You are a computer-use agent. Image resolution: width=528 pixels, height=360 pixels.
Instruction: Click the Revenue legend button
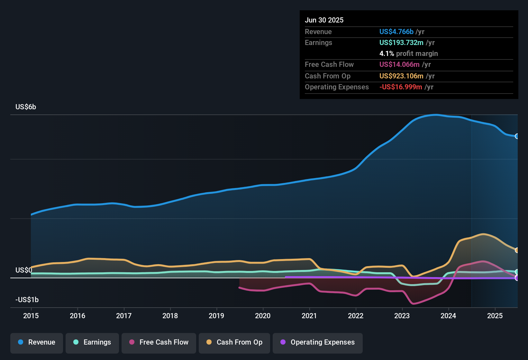[37, 342]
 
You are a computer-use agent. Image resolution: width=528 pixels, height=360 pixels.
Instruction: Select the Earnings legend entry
[92, 342]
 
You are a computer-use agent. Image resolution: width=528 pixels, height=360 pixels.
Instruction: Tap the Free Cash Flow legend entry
[159, 342]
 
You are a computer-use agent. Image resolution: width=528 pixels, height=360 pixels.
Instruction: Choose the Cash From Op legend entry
[234, 342]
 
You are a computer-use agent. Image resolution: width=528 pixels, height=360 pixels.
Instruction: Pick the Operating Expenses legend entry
[318, 342]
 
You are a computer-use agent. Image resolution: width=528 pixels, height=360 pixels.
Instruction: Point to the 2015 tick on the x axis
[31, 316]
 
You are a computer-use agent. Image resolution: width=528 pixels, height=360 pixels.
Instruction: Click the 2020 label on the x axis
[263, 316]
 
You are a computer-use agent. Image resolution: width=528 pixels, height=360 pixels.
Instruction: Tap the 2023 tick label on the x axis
[402, 316]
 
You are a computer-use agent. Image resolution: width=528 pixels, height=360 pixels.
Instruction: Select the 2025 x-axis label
[495, 316]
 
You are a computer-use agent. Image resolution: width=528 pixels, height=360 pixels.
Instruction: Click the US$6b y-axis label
[26, 107]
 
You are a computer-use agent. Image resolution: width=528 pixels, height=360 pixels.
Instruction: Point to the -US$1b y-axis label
[27, 300]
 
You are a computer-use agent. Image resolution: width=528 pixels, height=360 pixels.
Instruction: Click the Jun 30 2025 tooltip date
[324, 20]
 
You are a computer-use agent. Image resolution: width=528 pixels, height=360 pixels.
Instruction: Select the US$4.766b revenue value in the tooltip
[396, 32]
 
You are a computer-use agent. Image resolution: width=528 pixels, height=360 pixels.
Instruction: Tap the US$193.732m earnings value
[401, 43]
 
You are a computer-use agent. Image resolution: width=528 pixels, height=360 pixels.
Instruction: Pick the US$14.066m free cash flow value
[399, 65]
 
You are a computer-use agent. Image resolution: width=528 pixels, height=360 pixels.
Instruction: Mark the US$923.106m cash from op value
[401, 76]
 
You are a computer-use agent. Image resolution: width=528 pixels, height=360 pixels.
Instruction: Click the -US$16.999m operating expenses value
[400, 87]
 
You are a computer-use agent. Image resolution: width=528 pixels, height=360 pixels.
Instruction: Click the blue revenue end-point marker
[517, 136]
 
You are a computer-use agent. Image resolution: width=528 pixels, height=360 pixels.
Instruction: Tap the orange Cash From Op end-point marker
[517, 250]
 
